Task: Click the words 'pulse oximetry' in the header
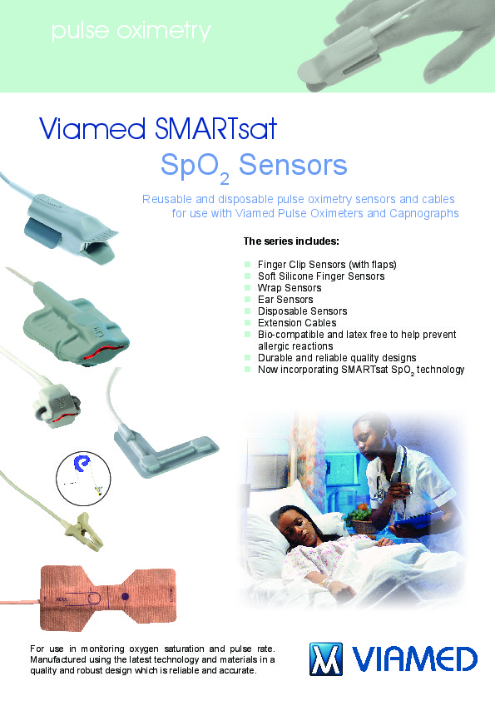click(131, 32)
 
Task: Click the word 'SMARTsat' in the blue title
click(215, 128)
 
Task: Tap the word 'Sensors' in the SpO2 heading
click(293, 165)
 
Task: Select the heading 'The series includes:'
click(291, 241)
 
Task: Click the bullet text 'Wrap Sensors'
click(290, 288)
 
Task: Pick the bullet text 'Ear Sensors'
click(285, 300)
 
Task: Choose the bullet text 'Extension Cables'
click(297, 323)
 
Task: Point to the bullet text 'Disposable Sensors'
click(303, 311)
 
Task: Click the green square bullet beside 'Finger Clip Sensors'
click(248, 265)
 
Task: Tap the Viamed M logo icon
click(326, 659)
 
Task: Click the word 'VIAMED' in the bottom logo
click(414, 659)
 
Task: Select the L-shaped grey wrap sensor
click(166, 450)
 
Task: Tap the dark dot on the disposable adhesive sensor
click(125, 596)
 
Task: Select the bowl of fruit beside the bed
click(360, 519)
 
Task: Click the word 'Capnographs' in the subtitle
click(424, 213)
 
